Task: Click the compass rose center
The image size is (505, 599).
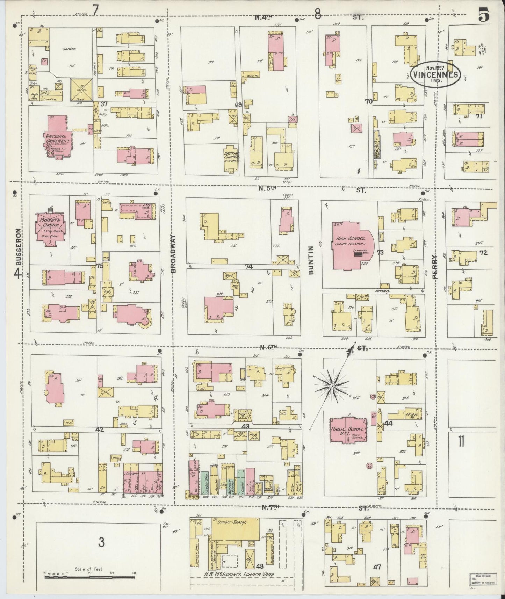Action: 332,386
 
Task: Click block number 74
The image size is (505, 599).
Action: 249,267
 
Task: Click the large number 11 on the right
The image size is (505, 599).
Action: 461,442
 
